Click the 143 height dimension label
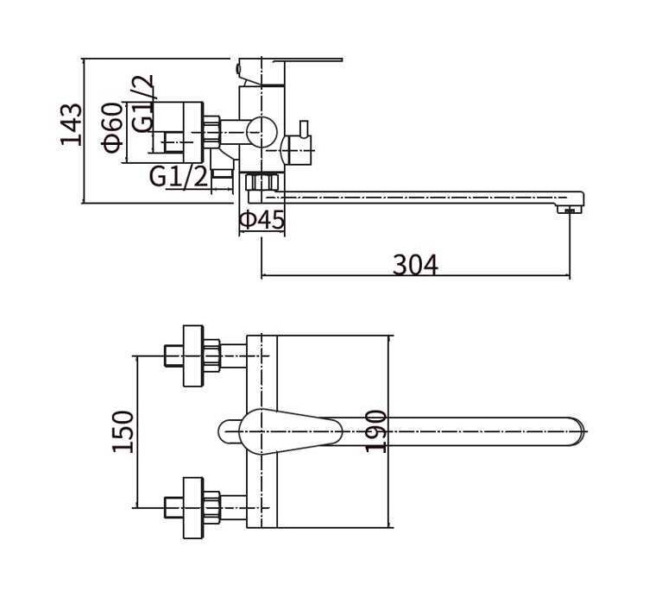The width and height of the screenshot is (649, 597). coord(71,124)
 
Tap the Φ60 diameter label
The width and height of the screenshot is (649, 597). coord(112,128)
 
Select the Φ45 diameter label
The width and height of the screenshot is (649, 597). coord(262,220)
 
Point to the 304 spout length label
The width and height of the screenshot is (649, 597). coord(415,265)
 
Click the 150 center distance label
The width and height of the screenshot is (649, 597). coord(123,431)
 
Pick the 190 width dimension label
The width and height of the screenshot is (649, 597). coord(375,430)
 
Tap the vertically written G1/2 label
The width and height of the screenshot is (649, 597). coord(142,104)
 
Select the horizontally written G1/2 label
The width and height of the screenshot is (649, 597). coord(179,177)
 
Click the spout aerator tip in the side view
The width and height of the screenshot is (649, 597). coord(570,210)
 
